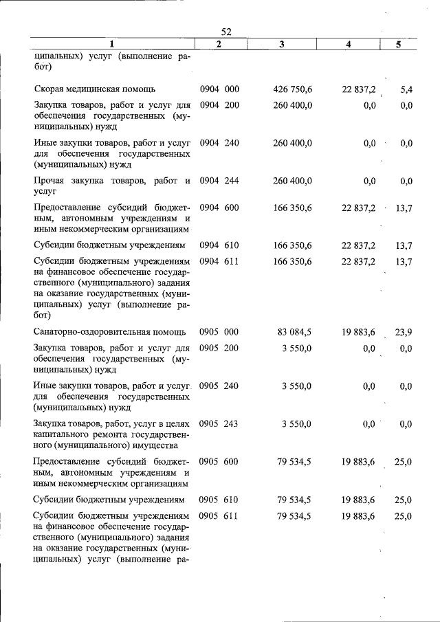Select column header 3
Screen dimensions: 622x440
(x=283, y=44)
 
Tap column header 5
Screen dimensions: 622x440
(x=399, y=44)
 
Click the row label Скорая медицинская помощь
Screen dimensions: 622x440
(x=95, y=89)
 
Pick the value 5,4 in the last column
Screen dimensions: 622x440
(x=405, y=89)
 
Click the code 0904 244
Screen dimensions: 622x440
(x=219, y=181)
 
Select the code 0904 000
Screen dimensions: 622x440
(x=219, y=89)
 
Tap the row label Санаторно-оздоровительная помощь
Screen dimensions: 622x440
(x=108, y=332)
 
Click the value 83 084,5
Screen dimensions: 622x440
(x=294, y=332)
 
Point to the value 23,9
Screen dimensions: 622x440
(x=404, y=332)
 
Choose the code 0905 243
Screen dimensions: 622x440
(x=219, y=423)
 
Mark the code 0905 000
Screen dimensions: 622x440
(x=219, y=332)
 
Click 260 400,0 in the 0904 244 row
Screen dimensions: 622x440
(x=292, y=181)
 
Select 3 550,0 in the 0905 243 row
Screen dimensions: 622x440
(x=296, y=423)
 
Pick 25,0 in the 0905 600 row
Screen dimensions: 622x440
(x=404, y=462)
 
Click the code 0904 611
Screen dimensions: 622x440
(x=219, y=262)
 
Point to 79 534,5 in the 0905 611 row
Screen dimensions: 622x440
(x=294, y=515)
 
